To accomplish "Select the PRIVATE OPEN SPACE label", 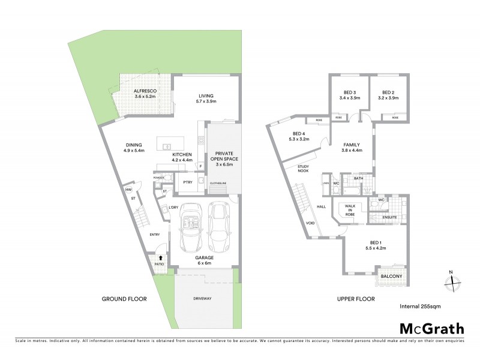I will [223, 158].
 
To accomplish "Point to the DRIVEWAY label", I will [202, 299].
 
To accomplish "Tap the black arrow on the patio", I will [160, 257].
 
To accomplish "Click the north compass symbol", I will [454, 278].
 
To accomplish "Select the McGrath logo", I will [431, 328].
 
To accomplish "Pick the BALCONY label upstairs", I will [391, 277].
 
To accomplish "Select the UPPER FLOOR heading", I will [356, 299].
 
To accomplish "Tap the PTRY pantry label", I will [187, 183].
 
